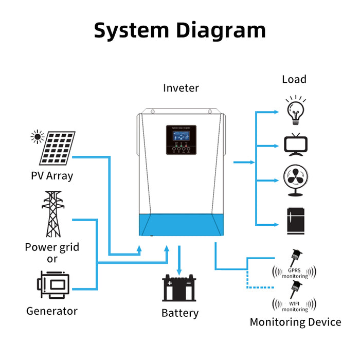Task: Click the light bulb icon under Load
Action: pyautogui.click(x=295, y=110)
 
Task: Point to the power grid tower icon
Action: pyautogui.click(x=52, y=213)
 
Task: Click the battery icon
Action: pyautogui.click(x=179, y=288)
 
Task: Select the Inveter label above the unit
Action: pyautogui.click(x=181, y=88)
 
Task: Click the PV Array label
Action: pyautogui.click(x=52, y=176)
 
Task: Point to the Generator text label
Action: pyautogui.click(x=52, y=311)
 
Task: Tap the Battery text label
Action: pyautogui.click(x=179, y=313)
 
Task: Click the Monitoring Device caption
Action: pyautogui.click(x=295, y=322)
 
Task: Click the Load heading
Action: pyautogui.click(x=294, y=79)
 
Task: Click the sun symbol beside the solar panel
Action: pyautogui.click(x=37, y=136)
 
